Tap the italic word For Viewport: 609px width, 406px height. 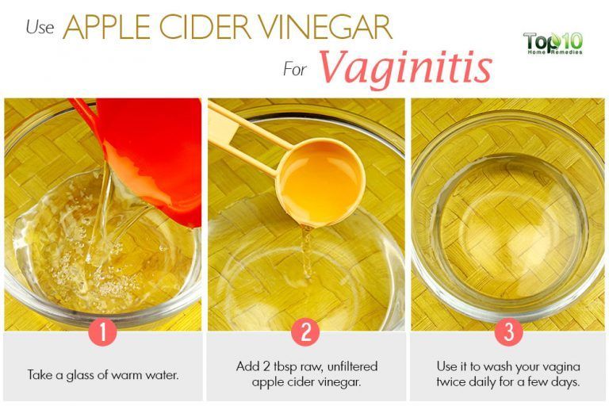coord(296,69)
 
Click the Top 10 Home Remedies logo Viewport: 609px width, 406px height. coord(553,43)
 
